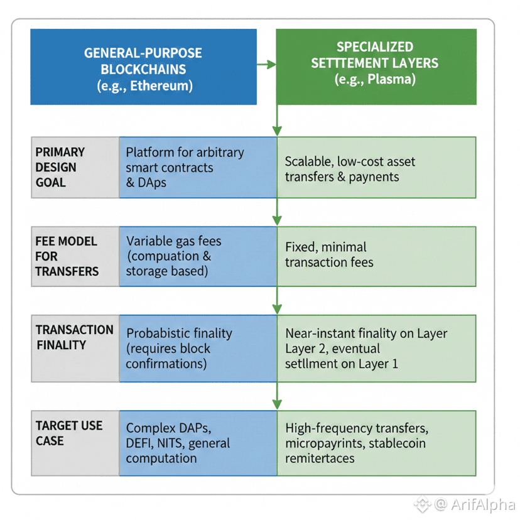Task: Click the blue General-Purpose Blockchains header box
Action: click(143, 66)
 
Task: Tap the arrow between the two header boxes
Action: click(266, 64)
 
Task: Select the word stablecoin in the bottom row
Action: click(394, 443)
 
